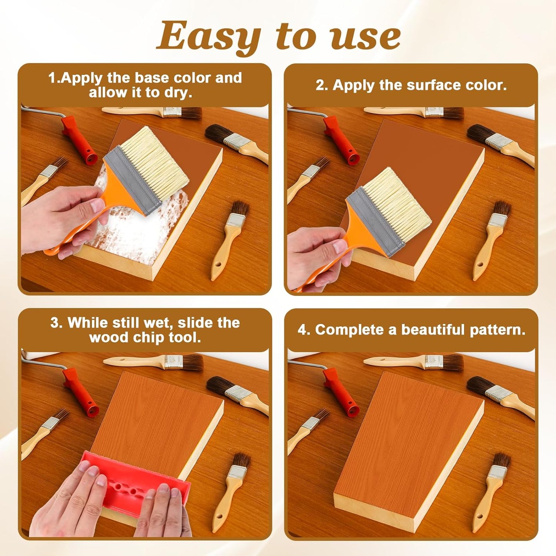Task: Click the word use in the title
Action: click(365, 37)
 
